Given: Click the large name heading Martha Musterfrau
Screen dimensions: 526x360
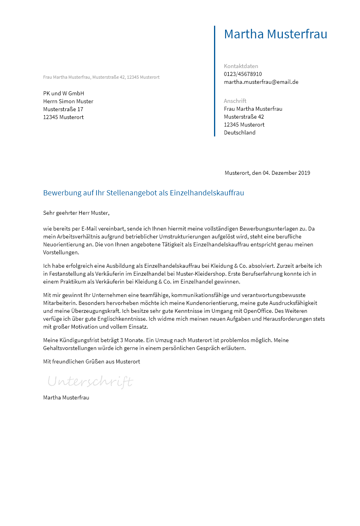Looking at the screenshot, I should [275, 34].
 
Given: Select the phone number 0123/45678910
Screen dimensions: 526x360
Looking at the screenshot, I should [243, 74].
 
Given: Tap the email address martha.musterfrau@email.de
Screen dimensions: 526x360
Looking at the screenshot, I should [261, 82].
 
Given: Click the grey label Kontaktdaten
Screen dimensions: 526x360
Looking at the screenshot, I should [241, 66].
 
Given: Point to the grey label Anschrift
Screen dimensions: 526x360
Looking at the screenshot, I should [235, 101].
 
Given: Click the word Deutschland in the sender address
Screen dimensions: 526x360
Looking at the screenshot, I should [239, 132].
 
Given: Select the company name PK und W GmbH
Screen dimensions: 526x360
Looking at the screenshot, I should [63, 93].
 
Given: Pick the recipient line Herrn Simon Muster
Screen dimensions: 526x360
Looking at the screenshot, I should [68, 101].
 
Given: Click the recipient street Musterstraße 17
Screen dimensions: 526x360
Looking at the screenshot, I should [63, 109].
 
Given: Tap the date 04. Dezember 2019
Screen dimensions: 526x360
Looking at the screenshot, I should [286, 173].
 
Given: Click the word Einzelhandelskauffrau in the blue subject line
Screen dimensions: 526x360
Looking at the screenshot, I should [207, 193].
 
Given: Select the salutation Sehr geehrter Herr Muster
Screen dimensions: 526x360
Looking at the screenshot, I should [76, 213].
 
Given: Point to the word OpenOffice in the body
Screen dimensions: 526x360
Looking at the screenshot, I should [258, 311].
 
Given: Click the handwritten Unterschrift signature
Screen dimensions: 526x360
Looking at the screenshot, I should [90, 382].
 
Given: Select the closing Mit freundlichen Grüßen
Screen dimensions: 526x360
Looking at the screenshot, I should [75, 361].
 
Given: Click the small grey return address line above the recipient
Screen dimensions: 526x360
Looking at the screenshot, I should [101, 77].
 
